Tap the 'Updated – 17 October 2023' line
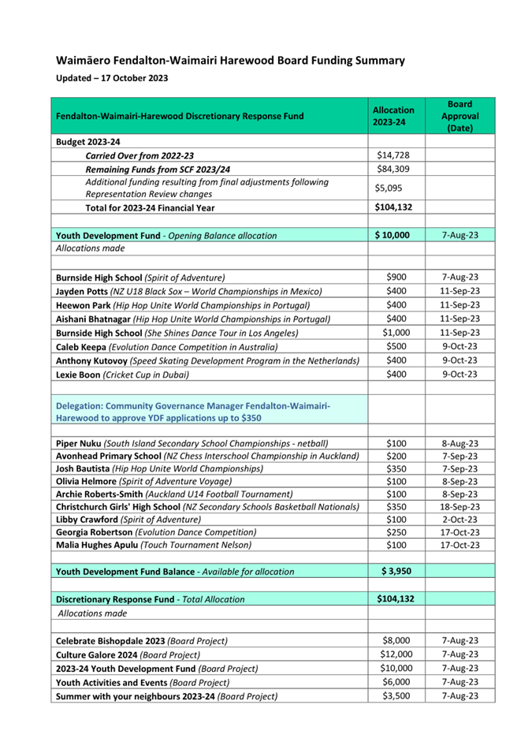(111, 78)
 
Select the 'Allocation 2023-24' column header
(393, 116)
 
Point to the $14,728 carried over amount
(393, 155)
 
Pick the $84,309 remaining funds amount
(393, 169)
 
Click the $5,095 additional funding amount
(393, 188)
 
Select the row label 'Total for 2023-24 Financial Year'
(150, 208)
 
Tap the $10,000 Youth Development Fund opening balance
(393, 235)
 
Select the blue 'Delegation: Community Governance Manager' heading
(193, 411)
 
